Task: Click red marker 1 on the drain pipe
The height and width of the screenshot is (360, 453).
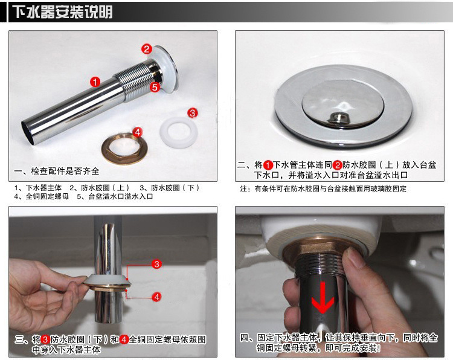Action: [x=95, y=82]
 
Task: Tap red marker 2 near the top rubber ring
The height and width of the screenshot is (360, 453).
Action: [x=147, y=49]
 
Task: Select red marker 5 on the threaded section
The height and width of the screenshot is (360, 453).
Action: [x=155, y=87]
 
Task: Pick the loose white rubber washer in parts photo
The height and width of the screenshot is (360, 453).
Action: [x=179, y=132]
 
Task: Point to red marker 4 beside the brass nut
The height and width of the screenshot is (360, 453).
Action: [x=138, y=132]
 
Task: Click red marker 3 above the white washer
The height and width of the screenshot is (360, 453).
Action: [x=193, y=113]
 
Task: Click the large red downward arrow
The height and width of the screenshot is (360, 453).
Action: [x=323, y=298]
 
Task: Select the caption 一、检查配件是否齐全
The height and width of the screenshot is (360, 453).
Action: [x=57, y=171]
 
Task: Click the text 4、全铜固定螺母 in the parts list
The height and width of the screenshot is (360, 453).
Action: [x=42, y=196]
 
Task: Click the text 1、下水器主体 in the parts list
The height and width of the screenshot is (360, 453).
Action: [x=38, y=188]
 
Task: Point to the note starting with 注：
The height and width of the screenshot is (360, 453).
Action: [x=323, y=188]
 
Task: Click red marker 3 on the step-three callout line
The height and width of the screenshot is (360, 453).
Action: [x=156, y=264]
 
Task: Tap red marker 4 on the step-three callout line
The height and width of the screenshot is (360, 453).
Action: [x=156, y=297]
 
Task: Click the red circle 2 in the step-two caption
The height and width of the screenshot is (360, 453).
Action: [x=337, y=166]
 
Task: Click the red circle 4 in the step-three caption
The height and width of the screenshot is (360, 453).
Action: [x=124, y=339]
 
